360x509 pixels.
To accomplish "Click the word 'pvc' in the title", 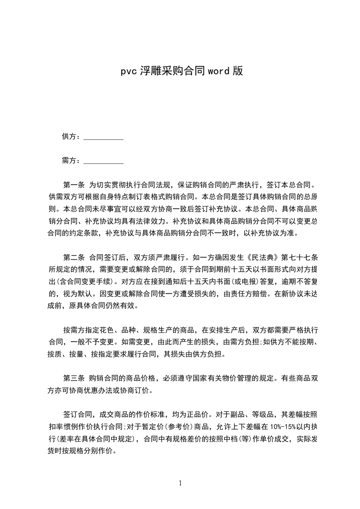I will pos(129,71).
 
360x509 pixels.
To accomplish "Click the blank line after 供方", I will pos(104,137).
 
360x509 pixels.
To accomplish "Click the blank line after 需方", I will pos(104,161).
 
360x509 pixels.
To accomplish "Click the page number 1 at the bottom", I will pos(180,483).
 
